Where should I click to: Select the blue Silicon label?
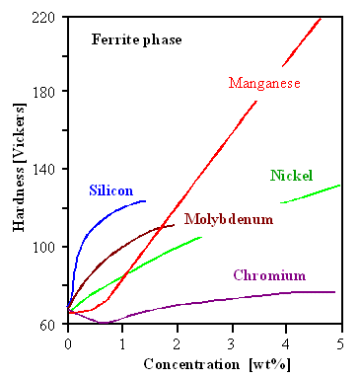pyautogui.click(x=110, y=190)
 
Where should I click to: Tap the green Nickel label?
pyautogui.click(x=291, y=177)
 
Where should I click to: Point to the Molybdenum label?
pyautogui.click(x=228, y=219)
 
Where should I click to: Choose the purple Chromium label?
pyautogui.click(x=269, y=275)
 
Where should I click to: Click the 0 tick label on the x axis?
pyautogui.click(x=67, y=342)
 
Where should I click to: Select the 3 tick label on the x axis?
pyautogui.click(x=231, y=342)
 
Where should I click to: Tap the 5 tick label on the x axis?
pyautogui.click(x=340, y=342)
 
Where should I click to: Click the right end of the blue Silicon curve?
pyautogui.click(x=145, y=200)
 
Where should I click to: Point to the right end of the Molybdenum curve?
pyautogui.click(x=175, y=225)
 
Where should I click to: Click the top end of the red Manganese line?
pyautogui.click(x=322, y=17)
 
